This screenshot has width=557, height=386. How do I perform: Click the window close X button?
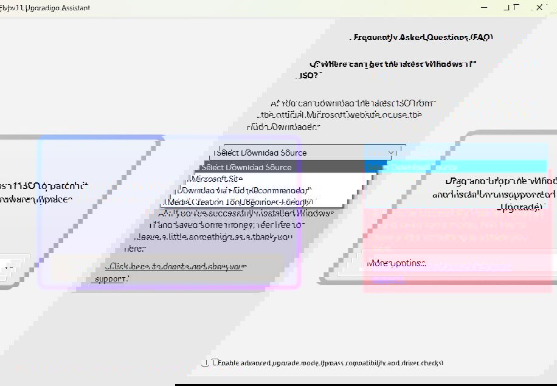click(539, 7)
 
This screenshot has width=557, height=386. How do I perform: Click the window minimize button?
click(484, 7)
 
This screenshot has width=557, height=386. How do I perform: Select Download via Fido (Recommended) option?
click(243, 190)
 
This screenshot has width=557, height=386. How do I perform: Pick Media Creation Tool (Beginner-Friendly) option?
click(240, 202)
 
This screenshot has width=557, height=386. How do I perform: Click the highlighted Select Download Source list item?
click(247, 167)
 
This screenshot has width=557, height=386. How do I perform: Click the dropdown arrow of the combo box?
click(391, 153)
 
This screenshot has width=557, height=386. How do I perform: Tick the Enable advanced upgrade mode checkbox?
click(206, 363)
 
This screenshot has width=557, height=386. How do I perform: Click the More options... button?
click(397, 263)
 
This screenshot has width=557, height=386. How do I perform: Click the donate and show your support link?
click(176, 266)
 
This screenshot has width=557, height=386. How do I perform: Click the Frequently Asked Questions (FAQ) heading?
click(422, 37)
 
